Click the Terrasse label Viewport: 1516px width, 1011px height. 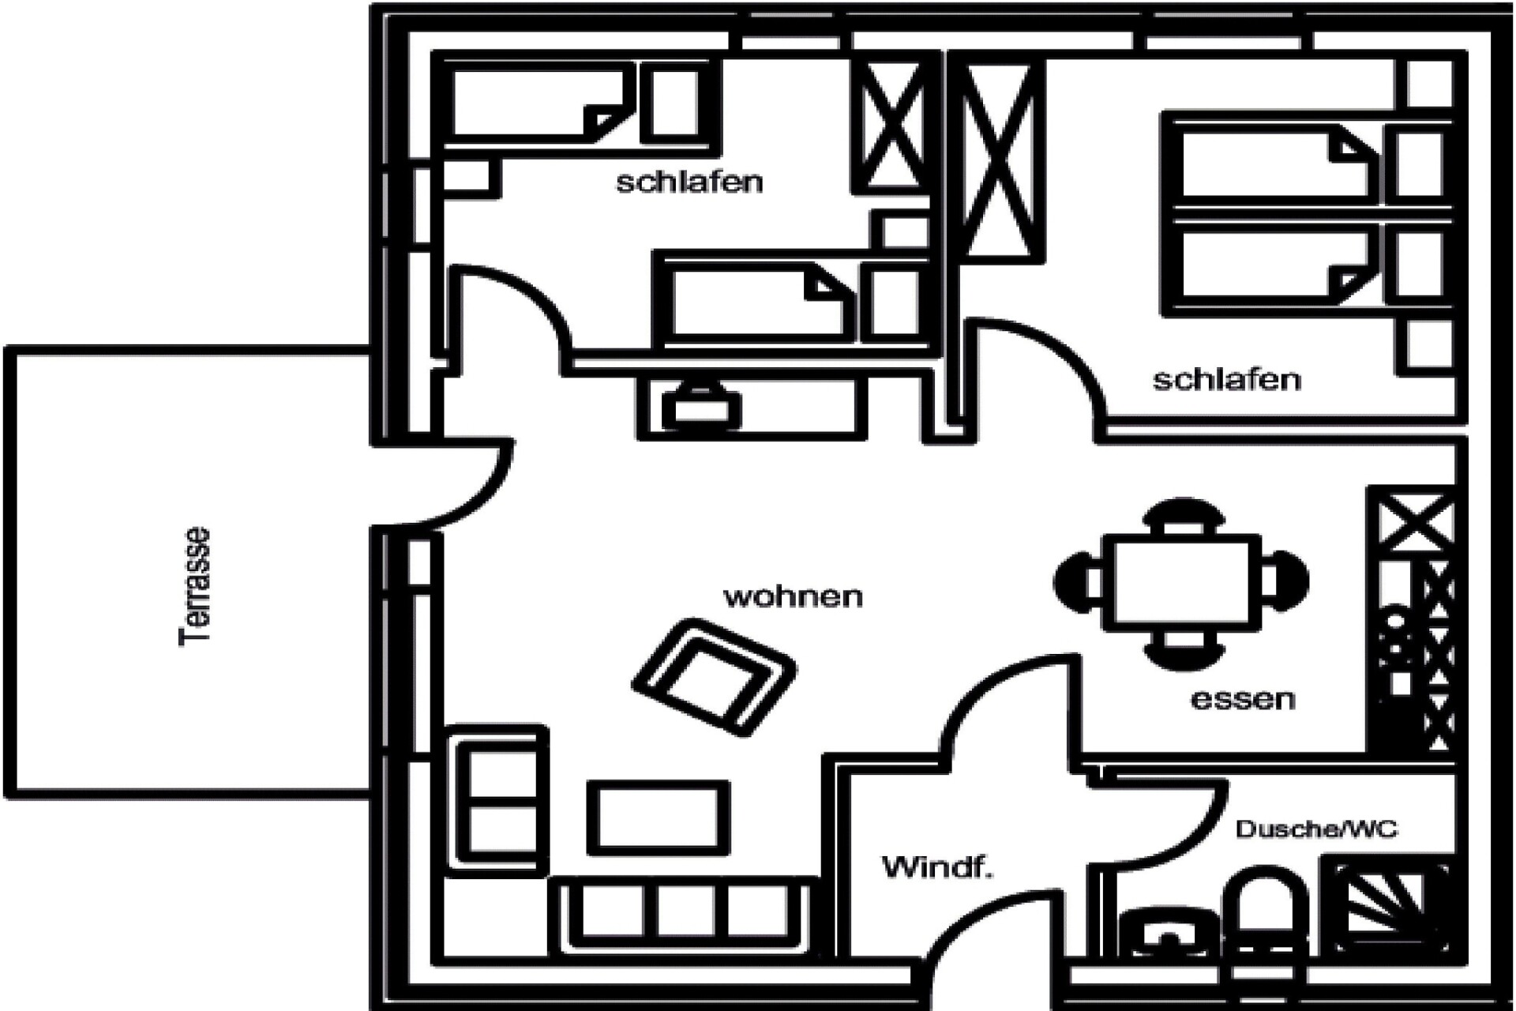pyautogui.click(x=195, y=587)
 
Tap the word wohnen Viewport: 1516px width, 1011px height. pyautogui.click(x=793, y=596)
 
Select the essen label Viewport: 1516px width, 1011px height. pyautogui.click(x=1243, y=699)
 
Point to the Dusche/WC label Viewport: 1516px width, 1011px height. pyautogui.click(x=1315, y=829)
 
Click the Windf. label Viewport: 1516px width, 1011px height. pyautogui.click(x=936, y=867)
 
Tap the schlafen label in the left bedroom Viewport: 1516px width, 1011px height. pyautogui.click(x=689, y=182)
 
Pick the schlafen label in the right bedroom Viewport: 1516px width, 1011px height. pyautogui.click(x=1226, y=380)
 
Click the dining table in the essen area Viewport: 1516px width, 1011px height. pyautogui.click(x=1181, y=582)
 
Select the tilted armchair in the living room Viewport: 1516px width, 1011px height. pyautogui.click(x=714, y=677)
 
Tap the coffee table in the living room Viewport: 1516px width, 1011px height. pyautogui.click(x=658, y=817)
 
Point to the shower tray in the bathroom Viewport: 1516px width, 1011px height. pyautogui.click(x=1390, y=904)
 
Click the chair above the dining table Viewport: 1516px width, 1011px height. pyautogui.click(x=1183, y=517)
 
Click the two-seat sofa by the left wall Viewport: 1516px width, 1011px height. pyautogui.click(x=497, y=799)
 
